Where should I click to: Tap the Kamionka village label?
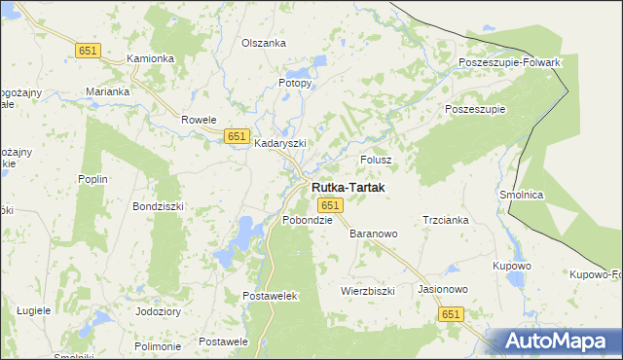(150, 58)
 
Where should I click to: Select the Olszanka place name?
(263, 43)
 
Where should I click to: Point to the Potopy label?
(295, 83)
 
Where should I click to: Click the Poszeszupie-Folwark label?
(510, 62)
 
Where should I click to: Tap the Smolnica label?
(521, 195)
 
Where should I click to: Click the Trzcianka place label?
(446, 220)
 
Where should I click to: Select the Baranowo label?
(374, 234)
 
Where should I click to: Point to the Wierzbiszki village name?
(367, 290)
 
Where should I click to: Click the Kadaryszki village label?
(280, 142)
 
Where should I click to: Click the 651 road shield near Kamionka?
(88, 50)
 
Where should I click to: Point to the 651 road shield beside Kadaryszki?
(237, 137)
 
